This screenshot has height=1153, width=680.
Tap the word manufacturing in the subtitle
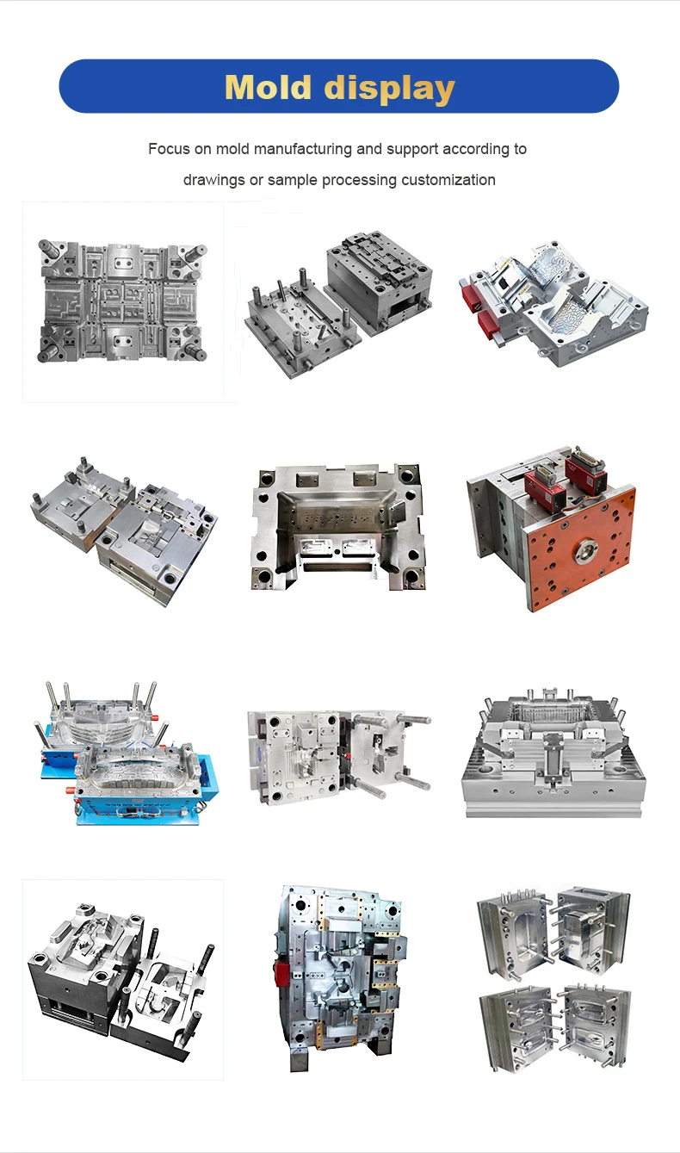(296, 149)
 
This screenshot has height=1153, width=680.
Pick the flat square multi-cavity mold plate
(121, 301)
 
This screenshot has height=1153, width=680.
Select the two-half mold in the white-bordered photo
(121, 977)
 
